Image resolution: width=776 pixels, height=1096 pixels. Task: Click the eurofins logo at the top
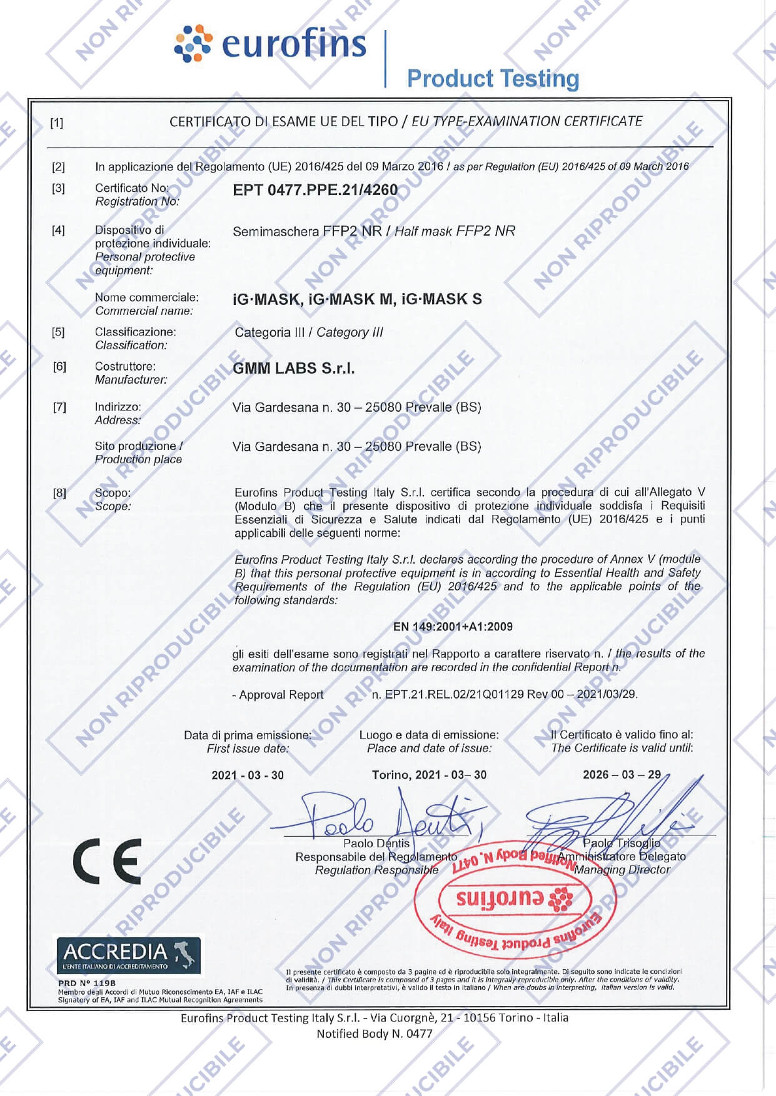click(270, 44)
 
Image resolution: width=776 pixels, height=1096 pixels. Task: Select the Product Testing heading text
click(493, 79)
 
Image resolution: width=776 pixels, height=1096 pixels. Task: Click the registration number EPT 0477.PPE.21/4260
click(315, 190)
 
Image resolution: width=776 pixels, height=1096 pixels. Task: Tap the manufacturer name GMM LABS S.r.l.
click(293, 369)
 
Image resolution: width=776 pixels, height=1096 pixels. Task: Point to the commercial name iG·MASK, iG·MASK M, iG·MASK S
click(357, 299)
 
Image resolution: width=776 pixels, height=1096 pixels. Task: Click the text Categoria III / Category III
click(308, 332)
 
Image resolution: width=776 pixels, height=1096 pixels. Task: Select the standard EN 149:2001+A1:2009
click(453, 627)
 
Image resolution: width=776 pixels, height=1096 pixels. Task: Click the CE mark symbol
click(107, 862)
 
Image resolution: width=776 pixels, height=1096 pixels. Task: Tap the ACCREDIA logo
click(128, 954)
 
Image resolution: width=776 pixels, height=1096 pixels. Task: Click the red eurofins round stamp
click(515, 900)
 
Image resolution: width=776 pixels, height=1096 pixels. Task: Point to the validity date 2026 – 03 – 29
click(622, 775)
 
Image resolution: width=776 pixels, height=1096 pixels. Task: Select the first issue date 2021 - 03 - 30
click(247, 775)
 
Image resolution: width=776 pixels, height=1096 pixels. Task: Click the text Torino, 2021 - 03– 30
click(429, 775)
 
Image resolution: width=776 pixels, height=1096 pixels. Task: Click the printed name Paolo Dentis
click(376, 844)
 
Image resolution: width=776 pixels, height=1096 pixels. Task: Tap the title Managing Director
click(622, 870)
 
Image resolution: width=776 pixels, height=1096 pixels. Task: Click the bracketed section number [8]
click(59, 493)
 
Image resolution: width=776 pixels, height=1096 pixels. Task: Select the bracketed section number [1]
click(56, 123)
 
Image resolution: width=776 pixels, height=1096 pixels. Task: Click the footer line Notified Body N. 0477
click(374, 1034)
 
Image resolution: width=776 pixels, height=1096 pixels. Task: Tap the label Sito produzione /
click(138, 446)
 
